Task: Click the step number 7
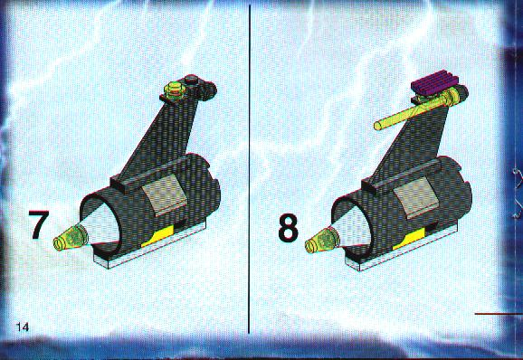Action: click(x=39, y=224)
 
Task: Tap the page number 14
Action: click(x=23, y=327)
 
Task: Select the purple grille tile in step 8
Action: click(x=435, y=81)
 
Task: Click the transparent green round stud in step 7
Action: click(x=174, y=90)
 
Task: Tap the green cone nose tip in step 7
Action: click(x=71, y=237)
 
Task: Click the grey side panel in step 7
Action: click(x=164, y=194)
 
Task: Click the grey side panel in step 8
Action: click(x=416, y=197)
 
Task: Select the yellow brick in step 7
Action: click(x=158, y=236)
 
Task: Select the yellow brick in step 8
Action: click(x=410, y=239)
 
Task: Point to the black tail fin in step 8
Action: click(x=409, y=143)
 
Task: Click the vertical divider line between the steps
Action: click(x=249, y=169)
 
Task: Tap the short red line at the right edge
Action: click(x=499, y=314)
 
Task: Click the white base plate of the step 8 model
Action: click(x=402, y=249)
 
